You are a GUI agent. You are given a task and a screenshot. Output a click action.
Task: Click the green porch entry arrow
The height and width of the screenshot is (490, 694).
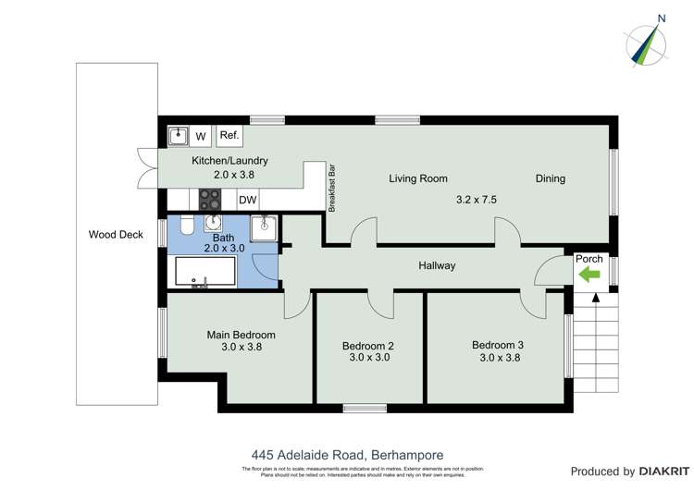589,275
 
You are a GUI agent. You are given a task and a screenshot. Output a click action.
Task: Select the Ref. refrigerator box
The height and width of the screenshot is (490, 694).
229,136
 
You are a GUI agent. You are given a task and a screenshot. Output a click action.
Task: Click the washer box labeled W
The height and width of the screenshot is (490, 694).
201,137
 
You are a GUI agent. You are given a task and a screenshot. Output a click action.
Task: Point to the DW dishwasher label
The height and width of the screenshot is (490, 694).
247,200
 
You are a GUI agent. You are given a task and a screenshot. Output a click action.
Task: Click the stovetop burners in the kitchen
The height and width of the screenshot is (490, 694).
210,200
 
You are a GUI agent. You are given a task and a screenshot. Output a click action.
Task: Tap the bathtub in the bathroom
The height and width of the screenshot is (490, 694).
205,273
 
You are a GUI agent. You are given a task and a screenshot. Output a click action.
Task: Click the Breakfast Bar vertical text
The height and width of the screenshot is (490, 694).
331,189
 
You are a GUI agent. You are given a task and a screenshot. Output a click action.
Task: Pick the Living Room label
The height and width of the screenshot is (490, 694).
418,178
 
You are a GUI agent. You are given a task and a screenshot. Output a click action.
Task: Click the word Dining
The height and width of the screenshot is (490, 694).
550,178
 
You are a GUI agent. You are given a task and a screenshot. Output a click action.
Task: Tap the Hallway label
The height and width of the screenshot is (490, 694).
437,266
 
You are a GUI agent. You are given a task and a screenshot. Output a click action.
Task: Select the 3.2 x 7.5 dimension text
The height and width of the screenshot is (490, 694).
477,199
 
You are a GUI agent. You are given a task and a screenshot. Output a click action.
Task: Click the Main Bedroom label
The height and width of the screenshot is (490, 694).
241,335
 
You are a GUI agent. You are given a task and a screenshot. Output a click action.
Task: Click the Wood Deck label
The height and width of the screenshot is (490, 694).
116,235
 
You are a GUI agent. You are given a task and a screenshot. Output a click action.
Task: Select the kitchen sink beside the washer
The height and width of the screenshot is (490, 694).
178,137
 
